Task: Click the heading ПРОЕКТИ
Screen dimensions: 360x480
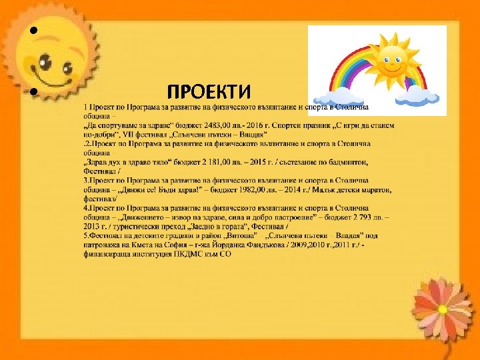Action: tap(209, 91)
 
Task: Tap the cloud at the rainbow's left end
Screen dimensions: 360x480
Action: tap(330, 97)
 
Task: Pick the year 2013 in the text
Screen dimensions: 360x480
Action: tap(93, 227)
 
